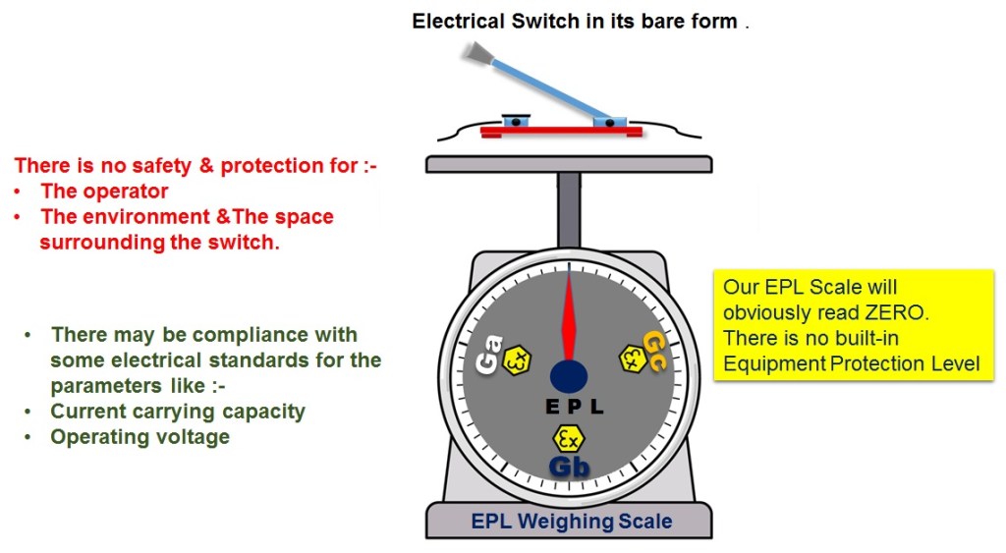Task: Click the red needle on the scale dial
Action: [x=568, y=319]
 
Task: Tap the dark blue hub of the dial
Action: [x=569, y=375]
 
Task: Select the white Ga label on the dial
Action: [x=489, y=355]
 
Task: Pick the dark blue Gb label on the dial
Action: [x=570, y=467]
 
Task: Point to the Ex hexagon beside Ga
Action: [x=517, y=361]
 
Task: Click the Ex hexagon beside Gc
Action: [x=631, y=359]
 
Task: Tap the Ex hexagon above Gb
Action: [x=569, y=437]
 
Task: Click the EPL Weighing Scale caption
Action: [x=572, y=521]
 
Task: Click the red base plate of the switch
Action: [x=561, y=131]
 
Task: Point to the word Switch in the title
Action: [x=546, y=21]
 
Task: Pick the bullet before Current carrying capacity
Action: [x=30, y=412]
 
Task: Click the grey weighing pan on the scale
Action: [x=569, y=164]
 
